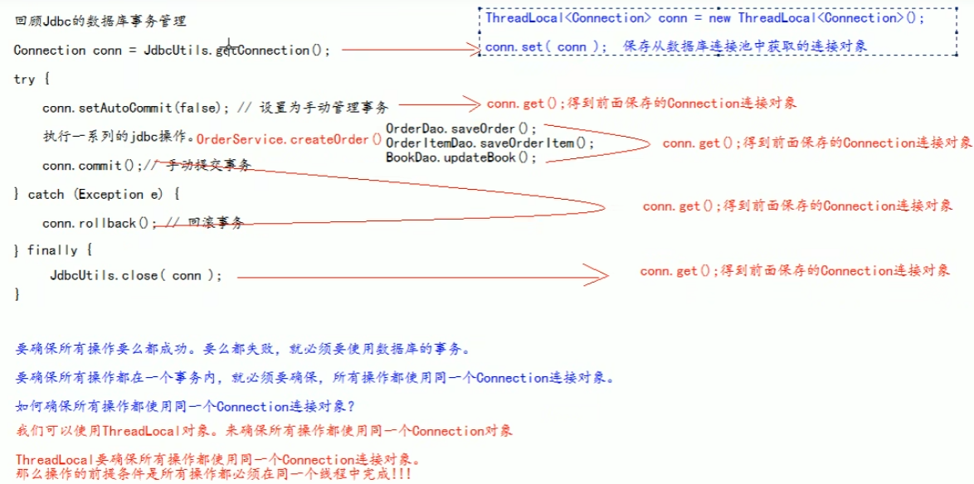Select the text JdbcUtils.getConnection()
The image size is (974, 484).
[236, 51]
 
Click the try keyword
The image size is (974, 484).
[25, 80]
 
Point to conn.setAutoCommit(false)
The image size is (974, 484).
[136, 107]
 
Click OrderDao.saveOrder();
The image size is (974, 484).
[461, 128]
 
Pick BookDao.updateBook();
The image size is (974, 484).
[461, 157]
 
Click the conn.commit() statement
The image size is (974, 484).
[92, 166]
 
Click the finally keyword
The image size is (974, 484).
[56, 250]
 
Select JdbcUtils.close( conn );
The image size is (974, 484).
[135, 275]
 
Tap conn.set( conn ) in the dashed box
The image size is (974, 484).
[546, 47]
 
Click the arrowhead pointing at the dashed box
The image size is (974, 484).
[474, 51]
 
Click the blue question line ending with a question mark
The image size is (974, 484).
[185, 406]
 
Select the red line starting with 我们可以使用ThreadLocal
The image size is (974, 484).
[264, 431]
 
